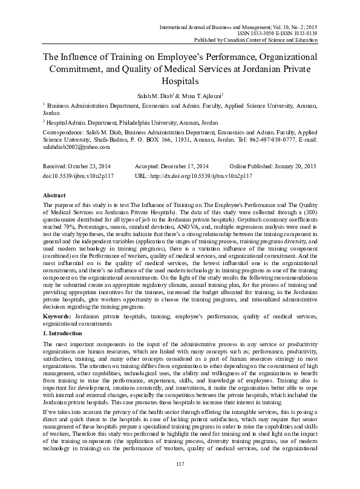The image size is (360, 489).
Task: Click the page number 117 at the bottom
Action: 180,464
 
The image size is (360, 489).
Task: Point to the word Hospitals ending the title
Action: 180,80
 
